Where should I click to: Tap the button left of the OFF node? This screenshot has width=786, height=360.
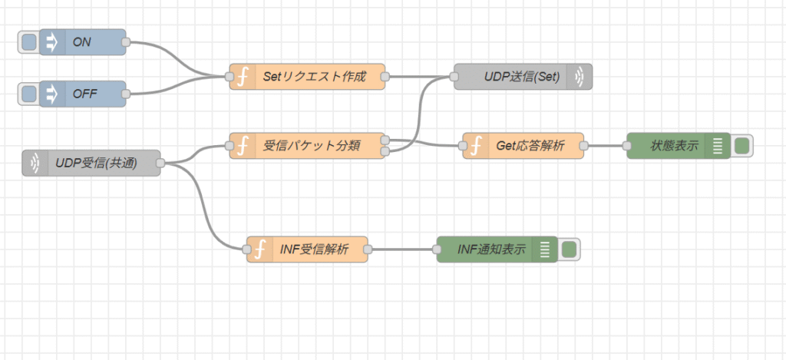click(x=28, y=94)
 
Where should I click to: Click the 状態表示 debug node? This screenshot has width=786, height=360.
click(x=669, y=145)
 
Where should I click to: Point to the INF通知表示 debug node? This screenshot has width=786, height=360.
click(x=491, y=249)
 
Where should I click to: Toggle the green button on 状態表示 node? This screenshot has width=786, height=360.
click(x=741, y=145)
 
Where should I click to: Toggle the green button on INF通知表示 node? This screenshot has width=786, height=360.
click(x=569, y=249)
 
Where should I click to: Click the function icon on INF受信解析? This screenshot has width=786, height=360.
click(x=260, y=249)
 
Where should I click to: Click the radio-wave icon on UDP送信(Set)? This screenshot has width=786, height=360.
click(x=580, y=77)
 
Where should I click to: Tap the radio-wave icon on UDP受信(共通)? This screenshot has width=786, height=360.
click(x=35, y=163)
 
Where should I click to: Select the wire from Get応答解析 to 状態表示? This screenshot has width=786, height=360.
click(x=606, y=145)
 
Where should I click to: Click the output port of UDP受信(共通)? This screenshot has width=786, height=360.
click(x=160, y=163)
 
